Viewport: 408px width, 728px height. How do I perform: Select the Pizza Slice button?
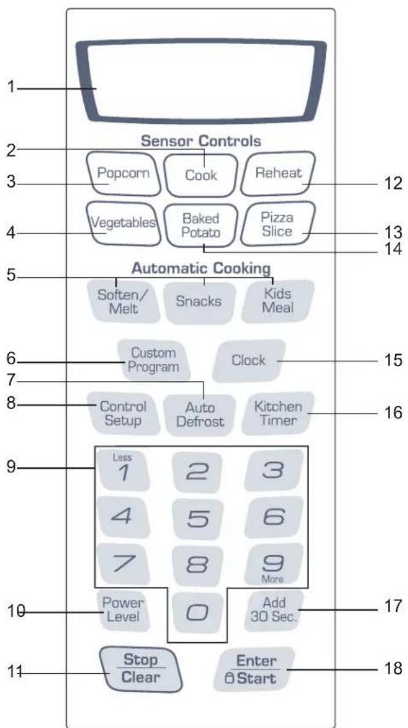tap(278, 224)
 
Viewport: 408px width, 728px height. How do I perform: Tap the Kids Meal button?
tap(278, 301)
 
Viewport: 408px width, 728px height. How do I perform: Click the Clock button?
tap(249, 360)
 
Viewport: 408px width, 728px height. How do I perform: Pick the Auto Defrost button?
tap(201, 415)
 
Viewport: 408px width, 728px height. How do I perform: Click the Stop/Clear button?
tap(141, 669)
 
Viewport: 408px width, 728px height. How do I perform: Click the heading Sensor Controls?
tap(201, 141)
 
